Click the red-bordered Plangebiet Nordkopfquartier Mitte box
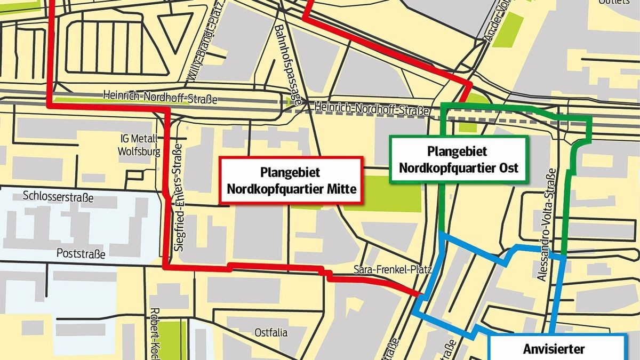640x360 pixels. click(x=291, y=180)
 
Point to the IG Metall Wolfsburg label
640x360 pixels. click(x=139, y=145)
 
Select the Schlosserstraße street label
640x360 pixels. click(x=59, y=198)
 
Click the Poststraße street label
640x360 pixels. click(x=81, y=254)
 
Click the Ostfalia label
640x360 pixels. click(x=271, y=333)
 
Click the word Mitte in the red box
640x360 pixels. click(x=341, y=189)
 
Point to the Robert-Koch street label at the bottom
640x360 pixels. click(x=156, y=333)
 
